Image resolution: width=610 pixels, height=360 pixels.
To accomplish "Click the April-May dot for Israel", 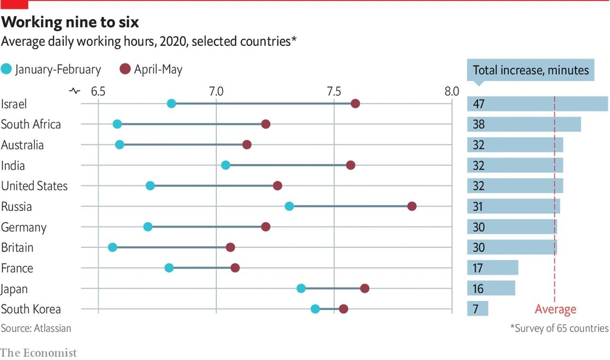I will pos(355,104).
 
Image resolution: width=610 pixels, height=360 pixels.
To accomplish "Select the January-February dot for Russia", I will pos(289,206).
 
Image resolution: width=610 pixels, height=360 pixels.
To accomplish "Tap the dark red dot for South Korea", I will pos(343,308).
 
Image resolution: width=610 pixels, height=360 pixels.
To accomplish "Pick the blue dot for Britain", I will pos(113,247).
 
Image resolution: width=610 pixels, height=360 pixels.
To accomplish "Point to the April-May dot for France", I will pos(235,268).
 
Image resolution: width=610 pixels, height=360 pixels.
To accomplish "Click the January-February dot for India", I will pos(225,165).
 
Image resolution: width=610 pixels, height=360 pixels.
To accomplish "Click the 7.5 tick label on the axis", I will pos(334,92).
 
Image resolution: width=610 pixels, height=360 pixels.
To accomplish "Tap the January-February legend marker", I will pos(7,69).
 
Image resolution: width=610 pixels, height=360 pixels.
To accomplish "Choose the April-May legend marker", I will pos(126,69).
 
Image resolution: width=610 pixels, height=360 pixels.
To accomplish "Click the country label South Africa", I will pos(31,125).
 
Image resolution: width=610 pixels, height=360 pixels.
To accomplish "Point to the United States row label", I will pos(35,186).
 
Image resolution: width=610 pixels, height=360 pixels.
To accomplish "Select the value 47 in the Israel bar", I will pos(478,104).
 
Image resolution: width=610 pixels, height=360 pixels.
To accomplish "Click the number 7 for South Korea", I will pos(477,309).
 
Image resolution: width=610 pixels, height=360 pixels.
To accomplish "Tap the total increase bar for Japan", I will pos(491,288).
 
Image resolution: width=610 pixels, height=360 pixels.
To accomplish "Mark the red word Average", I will pos(555,309).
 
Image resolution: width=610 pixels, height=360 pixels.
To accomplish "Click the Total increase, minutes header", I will pos(530,70).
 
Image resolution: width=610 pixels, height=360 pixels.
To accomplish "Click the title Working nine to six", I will pos(70,23).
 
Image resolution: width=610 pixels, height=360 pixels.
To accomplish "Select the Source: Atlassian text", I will pos(36,328).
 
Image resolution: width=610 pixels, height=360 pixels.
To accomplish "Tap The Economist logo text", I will pos(39,353).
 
